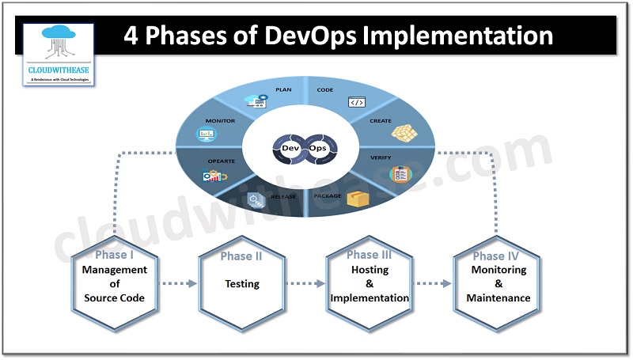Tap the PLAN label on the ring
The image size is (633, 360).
(283, 90)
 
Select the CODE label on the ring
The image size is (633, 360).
(325, 90)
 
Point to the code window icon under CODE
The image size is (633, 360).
(356, 103)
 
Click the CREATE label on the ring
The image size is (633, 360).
(381, 121)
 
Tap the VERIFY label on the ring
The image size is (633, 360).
(381, 158)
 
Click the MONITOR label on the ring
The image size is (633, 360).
(220, 121)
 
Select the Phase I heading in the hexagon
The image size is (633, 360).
(116, 256)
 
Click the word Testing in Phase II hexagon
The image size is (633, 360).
(242, 283)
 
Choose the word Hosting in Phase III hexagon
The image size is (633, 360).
(370, 270)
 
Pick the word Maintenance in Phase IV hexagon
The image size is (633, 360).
(498, 298)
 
